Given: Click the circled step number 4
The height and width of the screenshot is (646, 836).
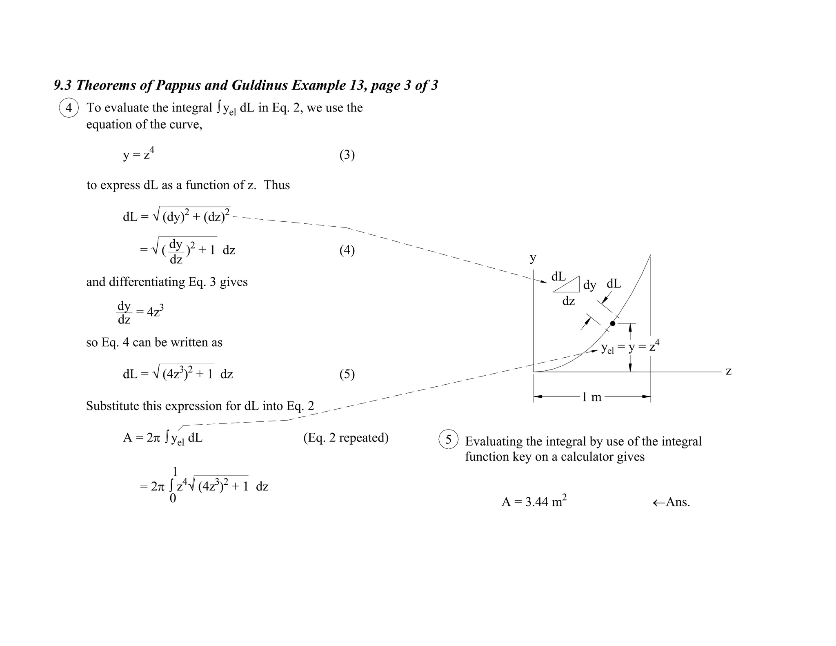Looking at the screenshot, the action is pyautogui.click(x=69, y=108).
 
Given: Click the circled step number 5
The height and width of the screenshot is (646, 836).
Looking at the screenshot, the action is pyautogui.click(x=448, y=439).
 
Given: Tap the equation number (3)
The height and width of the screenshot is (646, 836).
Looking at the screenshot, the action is pyautogui.click(x=347, y=155).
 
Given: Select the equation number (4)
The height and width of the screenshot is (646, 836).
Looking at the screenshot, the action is pyautogui.click(x=347, y=250).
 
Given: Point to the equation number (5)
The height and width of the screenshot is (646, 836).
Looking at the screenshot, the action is pyautogui.click(x=347, y=374).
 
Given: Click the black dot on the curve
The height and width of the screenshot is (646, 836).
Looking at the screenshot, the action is pyautogui.click(x=613, y=323).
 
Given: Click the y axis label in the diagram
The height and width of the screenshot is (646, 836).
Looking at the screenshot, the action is pyautogui.click(x=533, y=258).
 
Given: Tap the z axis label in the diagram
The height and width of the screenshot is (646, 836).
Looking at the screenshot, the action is pyautogui.click(x=729, y=371).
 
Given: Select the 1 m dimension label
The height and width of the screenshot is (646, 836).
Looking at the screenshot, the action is pyautogui.click(x=591, y=397).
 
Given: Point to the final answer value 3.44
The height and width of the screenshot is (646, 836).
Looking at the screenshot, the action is pyautogui.click(x=536, y=502).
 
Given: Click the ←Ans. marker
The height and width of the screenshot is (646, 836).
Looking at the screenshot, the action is pyautogui.click(x=671, y=502).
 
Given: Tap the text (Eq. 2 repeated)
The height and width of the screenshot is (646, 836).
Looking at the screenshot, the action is pyautogui.click(x=346, y=438).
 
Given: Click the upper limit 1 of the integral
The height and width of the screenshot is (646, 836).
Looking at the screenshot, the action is pyautogui.click(x=175, y=472).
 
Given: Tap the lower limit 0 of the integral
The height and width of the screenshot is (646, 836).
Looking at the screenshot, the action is pyautogui.click(x=173, y=499).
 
